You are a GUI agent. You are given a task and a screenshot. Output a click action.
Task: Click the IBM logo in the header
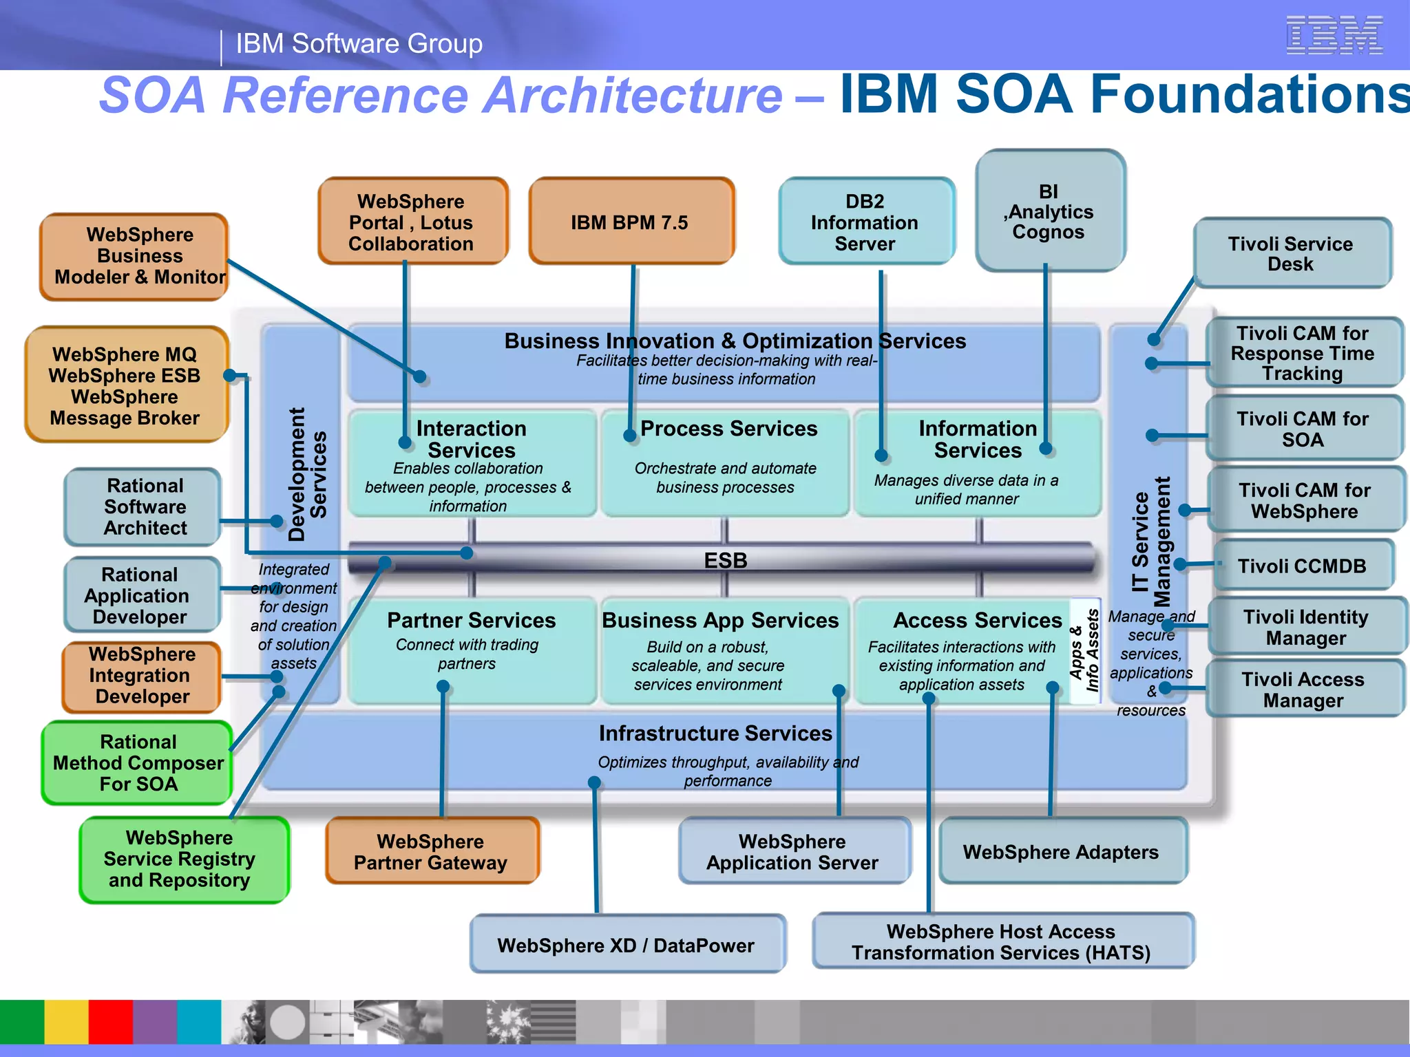(x=1334, y=35)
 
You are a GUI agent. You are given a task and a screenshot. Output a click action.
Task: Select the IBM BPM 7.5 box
(x=631, y=222)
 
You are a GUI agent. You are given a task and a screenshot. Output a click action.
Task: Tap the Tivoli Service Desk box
(x=1291, y=254)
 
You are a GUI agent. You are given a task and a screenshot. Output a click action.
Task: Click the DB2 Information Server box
(x=865, y=222)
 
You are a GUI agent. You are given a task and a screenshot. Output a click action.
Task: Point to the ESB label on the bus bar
(x=725, y=560)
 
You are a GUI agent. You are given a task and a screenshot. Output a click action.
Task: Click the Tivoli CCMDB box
(x=1302, y=566)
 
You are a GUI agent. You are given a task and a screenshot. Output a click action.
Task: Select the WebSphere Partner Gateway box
(x=431, y=852)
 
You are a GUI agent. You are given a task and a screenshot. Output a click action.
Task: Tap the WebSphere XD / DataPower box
(x=626, y=945)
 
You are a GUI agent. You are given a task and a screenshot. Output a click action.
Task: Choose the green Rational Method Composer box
(x=138, y=762)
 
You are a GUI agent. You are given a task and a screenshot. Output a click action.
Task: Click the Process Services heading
(x=728, y=428)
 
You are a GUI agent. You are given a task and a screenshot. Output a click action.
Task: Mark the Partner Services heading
(x=472, y=620)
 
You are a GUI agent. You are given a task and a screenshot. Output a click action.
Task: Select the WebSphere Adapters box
(x=1061, y=852)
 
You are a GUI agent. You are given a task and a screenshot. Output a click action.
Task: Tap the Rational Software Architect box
(x=145, y=506)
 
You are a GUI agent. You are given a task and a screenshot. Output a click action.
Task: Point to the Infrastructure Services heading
(x=715, y=733)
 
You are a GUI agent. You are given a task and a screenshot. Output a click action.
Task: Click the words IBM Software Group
(x=359, y=43)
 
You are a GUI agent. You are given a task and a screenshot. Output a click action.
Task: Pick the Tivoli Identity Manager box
(x=1305, y=627)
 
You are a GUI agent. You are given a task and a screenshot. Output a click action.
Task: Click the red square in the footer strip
(x=110, y=1022)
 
